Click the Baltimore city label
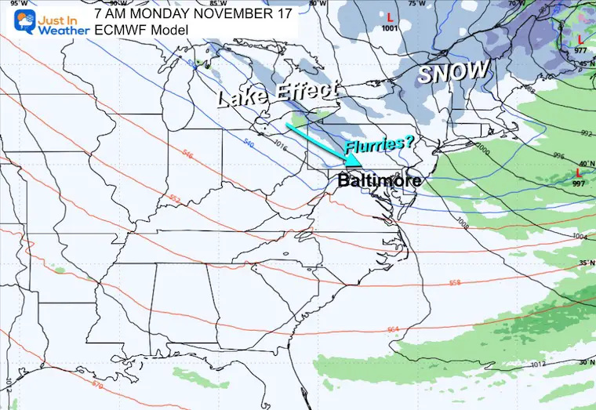(380, 180)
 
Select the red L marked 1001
(390, 16)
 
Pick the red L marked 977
(579, 38)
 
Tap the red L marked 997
(579, 172)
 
